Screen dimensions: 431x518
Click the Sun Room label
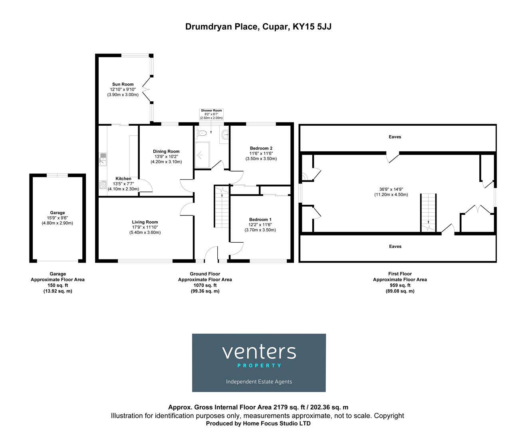pyautogui.click(x=123, y=84)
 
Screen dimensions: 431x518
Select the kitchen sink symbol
pyautogui.click(x=103, y=158)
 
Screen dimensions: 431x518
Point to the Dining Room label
pyautogui.click(x=166, y=151)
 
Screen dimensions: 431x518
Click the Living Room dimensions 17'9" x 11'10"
pyautogui.click(x=145, y=227)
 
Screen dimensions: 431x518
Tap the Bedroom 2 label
pyautogui.click(x=261, y=148)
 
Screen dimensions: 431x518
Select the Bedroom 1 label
pyautogui.click(x=260, y=219)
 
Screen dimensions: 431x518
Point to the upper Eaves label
pyautogui.click(x=395, y=137)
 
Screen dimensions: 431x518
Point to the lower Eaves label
pyautogui.click(x=395, y=247)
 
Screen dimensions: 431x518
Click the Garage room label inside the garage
pyautogui.click(x=58, y=213)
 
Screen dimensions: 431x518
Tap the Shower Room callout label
pyautogui.click(x=211, y=111)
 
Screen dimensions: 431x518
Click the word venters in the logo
pyautogui.click(x=259, y=352)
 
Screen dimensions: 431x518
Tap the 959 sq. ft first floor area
pyautogui.click(x=400, y=285)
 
